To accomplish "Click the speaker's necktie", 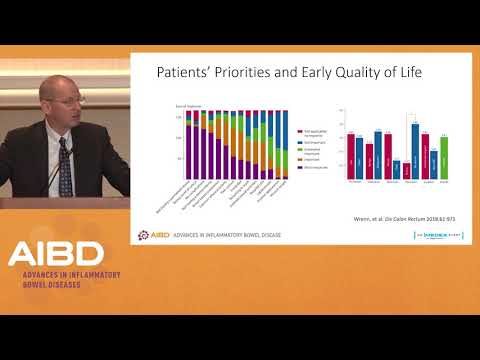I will click(x=65, y=170).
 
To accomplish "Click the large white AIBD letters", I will click(x=55, y=254).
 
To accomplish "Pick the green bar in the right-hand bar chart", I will click(x=443, y=157).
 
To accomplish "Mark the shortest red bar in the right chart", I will click(x=406, y=171).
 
